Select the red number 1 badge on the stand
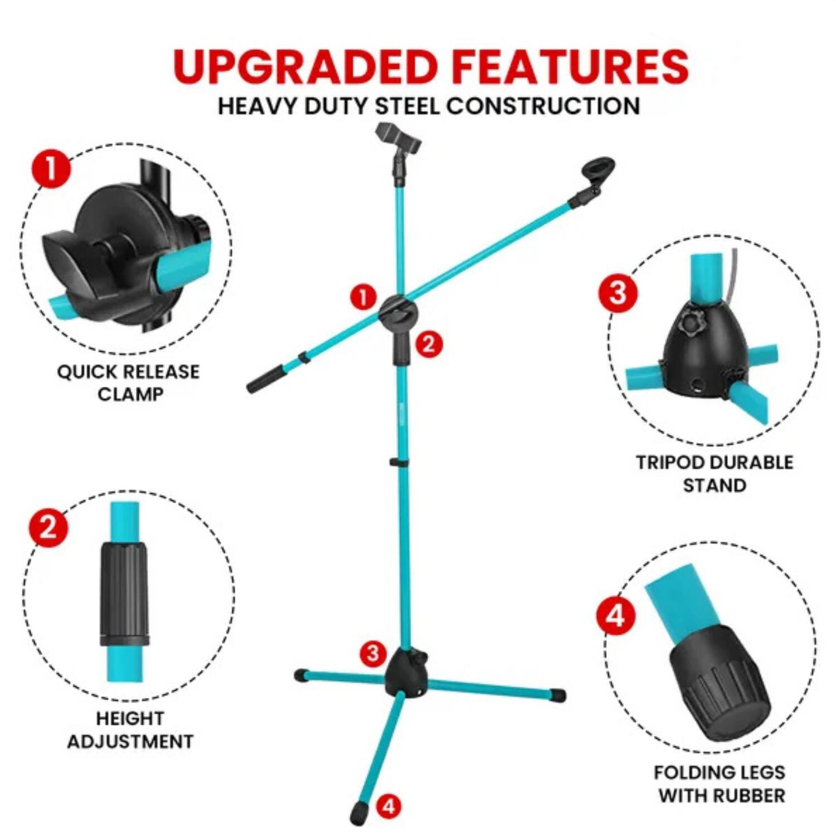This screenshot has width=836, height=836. [363, 297]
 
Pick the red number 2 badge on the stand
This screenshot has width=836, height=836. [429, 344]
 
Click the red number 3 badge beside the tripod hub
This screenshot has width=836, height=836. [373, 653]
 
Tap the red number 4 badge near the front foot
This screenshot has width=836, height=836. [388, 806]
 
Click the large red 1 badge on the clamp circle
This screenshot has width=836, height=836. [51, 168]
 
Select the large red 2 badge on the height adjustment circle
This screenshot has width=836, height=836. [48, 527]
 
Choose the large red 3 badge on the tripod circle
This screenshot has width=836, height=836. [618, 293]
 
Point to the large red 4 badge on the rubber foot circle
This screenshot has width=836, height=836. [615, 617]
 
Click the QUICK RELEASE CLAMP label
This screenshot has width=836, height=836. [128, 383]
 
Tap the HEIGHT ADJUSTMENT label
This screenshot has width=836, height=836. [130, 730]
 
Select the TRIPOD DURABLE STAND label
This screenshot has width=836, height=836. [715, 474]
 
